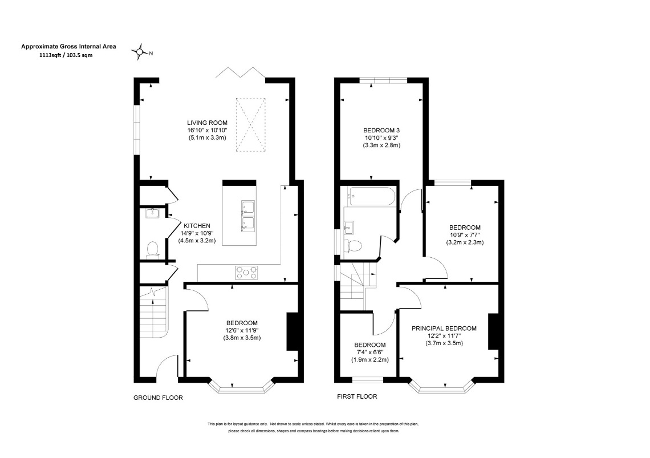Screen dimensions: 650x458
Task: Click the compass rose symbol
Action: [140, 52]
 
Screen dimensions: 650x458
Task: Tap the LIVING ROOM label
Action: [207, 123]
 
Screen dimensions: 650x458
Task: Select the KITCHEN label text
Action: [197, 226]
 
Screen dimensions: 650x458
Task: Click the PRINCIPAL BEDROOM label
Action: [444, 328]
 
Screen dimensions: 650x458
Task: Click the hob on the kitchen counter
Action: [246, 273]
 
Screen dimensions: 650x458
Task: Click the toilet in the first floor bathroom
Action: [354, 245]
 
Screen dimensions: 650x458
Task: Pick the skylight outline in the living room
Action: [250, 125]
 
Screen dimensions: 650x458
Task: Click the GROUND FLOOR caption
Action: [158, 398]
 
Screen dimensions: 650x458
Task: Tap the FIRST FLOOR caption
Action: [357, 396]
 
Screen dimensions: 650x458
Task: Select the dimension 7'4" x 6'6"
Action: [370, 352]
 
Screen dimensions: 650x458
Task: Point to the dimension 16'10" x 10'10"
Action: [207, 130]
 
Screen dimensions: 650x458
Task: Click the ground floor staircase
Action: [153, 312]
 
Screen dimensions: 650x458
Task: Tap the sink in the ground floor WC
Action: [152, 214]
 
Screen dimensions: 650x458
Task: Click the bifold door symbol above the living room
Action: [241, 72]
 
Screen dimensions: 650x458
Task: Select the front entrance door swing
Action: [168, 367]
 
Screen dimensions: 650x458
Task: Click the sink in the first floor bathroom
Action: [348, 226]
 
